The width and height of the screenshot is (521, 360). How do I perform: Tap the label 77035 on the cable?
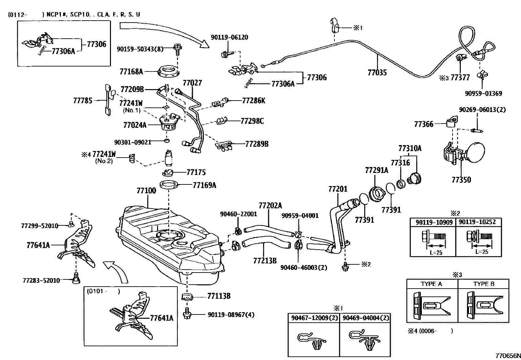pyautogui.click(x=377, y=72)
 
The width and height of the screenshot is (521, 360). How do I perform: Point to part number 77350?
pyautogui.click(x=461, y=180)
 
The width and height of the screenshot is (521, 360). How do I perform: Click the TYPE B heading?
pyautogui.click(x=483, y=284)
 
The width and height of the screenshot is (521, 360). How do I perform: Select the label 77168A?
pyautogui.click(x=131, y=71)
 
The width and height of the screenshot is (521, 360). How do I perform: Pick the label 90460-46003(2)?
pyautogui.click(x=304, y=268)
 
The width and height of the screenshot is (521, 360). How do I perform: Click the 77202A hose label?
pyautogui.click(x=270, y=206)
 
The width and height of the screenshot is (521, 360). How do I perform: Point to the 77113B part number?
pyautogui.click(x=219, y=296)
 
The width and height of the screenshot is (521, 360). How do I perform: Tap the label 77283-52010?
pyautogui.click(x=41, y=280)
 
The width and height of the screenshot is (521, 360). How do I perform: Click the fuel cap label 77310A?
pyautogui.click(x=410, y=148)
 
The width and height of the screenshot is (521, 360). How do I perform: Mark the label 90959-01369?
pyautogui.click(x=483, y=94)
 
